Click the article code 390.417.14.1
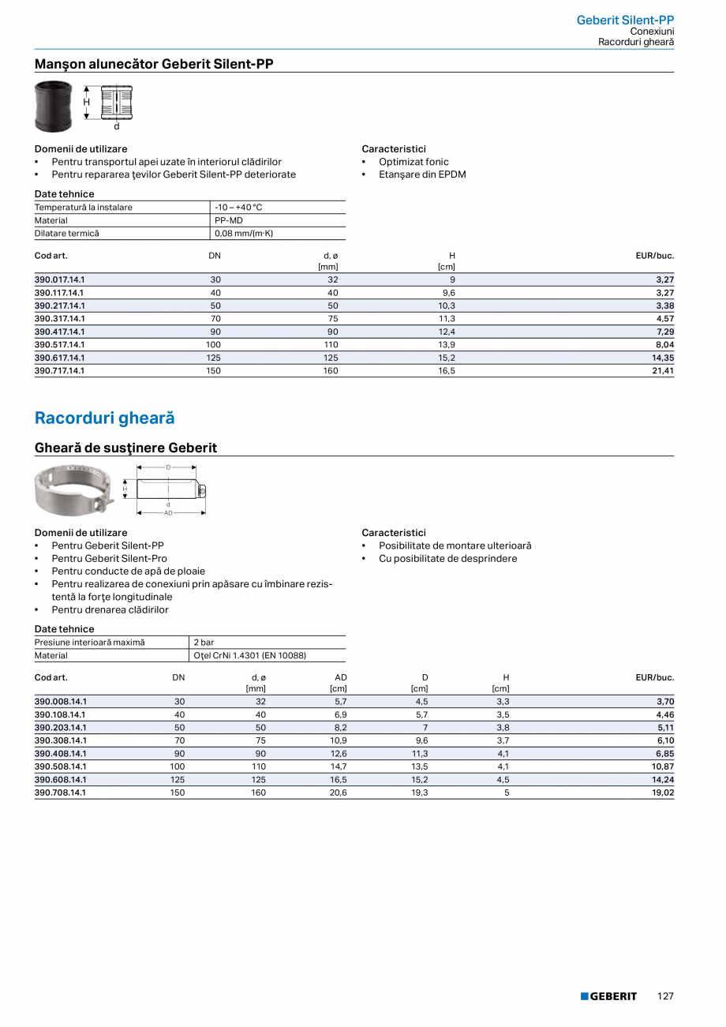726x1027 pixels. (60, 332)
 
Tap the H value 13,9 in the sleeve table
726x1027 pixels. (447, 344)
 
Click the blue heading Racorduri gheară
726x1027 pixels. (104, 418)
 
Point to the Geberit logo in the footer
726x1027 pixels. (608, 996)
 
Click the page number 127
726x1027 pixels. (665, 996)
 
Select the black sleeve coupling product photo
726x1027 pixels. (53, 106)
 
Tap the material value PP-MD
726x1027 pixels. (229, 220)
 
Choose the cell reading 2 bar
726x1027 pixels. (204, 643)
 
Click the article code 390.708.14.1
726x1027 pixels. (60, 793)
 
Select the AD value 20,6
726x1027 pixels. (338, 793)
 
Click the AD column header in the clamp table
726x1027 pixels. (340, 677)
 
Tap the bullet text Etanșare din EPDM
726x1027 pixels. (422, 174)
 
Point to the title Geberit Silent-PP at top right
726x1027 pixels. (625, 20)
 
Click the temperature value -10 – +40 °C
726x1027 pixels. (238, 208)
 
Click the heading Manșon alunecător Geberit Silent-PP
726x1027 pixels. (154, 64)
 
